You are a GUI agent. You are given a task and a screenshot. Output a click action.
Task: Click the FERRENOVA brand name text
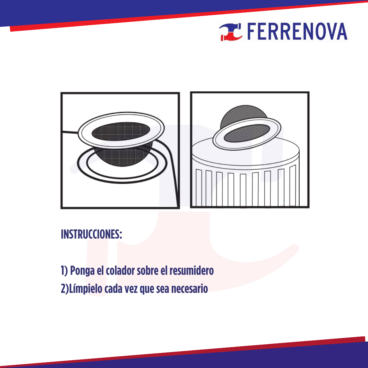pyautogui.click(x=297, y=32)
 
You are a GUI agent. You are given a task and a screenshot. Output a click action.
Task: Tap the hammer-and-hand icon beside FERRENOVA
pyautogui.click(x=231, y=32)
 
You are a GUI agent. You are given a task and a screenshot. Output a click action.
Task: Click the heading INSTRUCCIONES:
pyautogui.click(x=91, y=235)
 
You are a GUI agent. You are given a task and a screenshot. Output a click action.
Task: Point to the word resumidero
pyautogui.click(x=191, y=271)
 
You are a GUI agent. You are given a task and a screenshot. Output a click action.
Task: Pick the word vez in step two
pyautogui.click(x=131, y=289)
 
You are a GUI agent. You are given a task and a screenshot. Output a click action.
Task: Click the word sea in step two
pyautogui.click(x=163, y=289)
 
